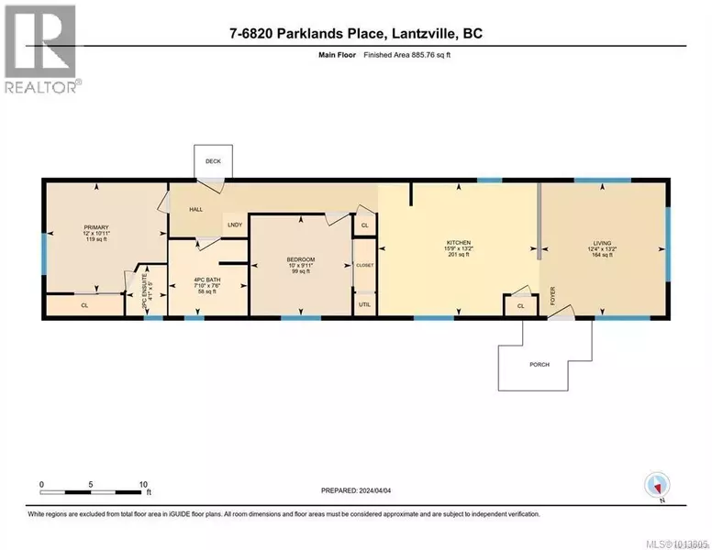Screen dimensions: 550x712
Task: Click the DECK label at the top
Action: [212, 159]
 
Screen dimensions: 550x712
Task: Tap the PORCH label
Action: [540, 365]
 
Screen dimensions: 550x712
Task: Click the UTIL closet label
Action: [364, 303]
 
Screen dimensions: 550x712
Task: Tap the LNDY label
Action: [234, 223]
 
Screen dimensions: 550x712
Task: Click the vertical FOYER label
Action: [553, 296]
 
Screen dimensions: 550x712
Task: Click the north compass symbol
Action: [656, 484]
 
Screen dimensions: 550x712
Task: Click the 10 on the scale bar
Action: [143, 484]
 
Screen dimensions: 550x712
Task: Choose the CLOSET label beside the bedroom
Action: [364, 265]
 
